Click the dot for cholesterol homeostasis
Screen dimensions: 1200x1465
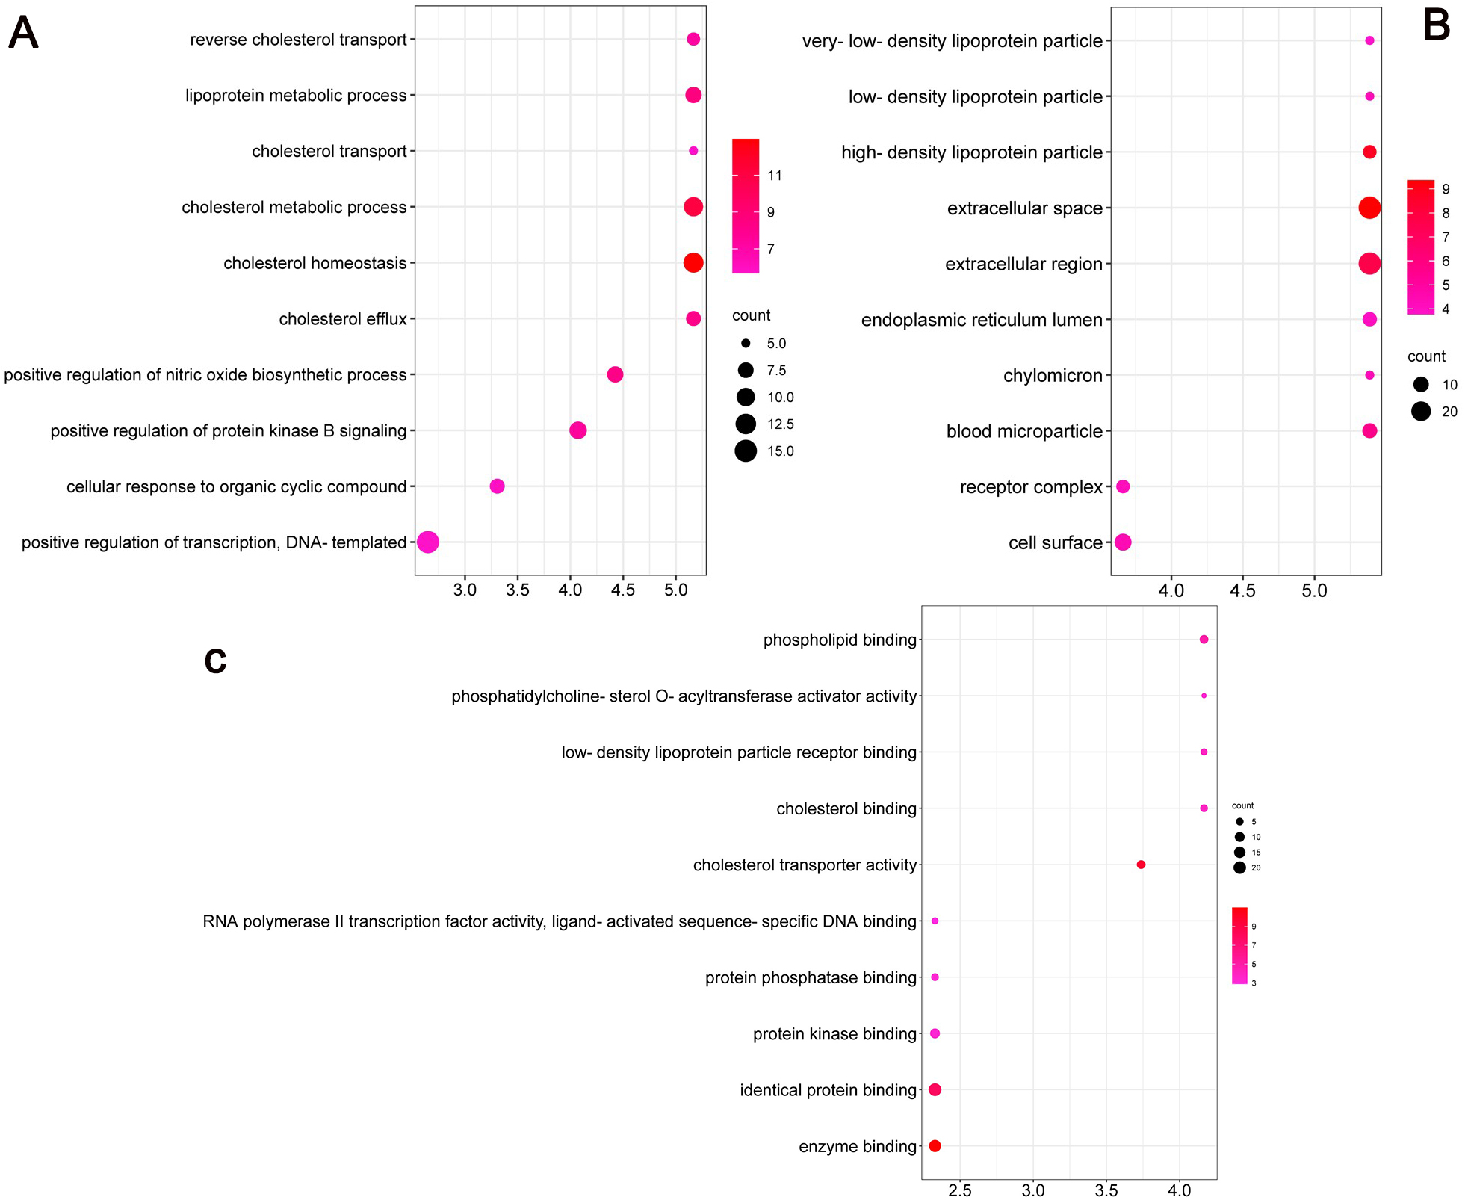pos(693,263)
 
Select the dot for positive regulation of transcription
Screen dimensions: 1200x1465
pos(427,542)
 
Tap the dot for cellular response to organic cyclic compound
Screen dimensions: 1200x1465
pos(497,486)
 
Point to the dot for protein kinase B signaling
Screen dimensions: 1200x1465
pos(577,430)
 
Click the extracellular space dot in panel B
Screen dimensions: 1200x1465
pos(1369,208)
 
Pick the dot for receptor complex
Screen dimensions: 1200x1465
pos(1122,486)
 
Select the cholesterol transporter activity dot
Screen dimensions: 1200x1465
pos(1140,865)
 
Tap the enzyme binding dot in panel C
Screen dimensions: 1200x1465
pos(935,1146)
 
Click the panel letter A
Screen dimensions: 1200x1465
pos(23,34)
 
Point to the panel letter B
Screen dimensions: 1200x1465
pos(1436,26)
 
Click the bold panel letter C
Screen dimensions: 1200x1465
pos(215,661)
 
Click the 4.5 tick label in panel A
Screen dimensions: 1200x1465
pos(622,590)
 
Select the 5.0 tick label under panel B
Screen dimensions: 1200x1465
pos(1314,591)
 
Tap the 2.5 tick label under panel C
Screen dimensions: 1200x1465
pos(959,1190)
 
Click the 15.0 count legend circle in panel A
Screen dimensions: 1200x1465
pos(745,451)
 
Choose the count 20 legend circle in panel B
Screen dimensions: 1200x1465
pos(1420,411)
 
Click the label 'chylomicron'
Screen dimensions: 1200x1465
pos(1052,375)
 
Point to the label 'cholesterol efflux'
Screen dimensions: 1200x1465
pos(342,319)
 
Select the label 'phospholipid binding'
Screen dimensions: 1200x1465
pos(839,640)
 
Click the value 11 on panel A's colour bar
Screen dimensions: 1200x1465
pos(774,176)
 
